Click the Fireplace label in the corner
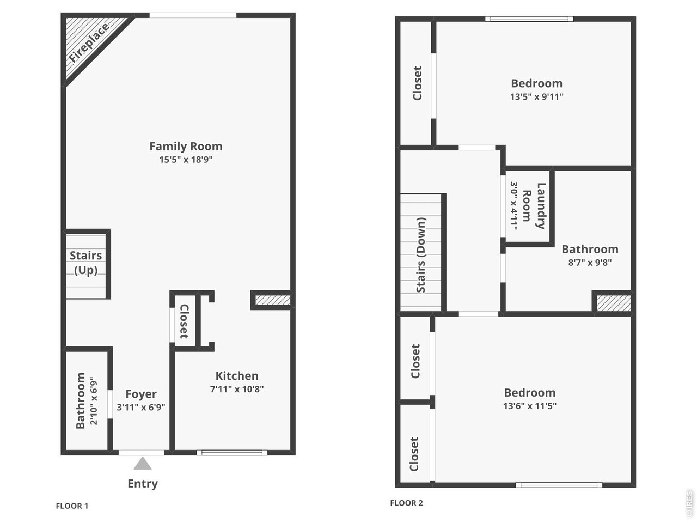tap(89, 43)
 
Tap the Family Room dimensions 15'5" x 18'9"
tap(186, 160)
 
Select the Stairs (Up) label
tap(85, 263)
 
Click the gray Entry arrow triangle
tap(143, 463)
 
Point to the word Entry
tap(143, 484)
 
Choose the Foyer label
tap(141, 394)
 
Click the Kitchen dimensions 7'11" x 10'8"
tap(237, 389)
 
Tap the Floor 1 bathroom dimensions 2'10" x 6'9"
tap(94, 401)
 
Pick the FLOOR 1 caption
tap(72, 506)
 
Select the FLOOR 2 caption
tap(406, 503)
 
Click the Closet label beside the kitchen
tap(184, 321)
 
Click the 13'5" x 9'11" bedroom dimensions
tap(537, 96)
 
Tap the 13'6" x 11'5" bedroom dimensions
tap(530, 406)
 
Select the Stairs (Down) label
tap(421, 255)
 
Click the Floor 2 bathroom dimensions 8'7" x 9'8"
tap(590, 263)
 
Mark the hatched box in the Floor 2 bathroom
tap(614, 303)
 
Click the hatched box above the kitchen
tap(273, 300)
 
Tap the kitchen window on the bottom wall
tap(232, 453)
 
